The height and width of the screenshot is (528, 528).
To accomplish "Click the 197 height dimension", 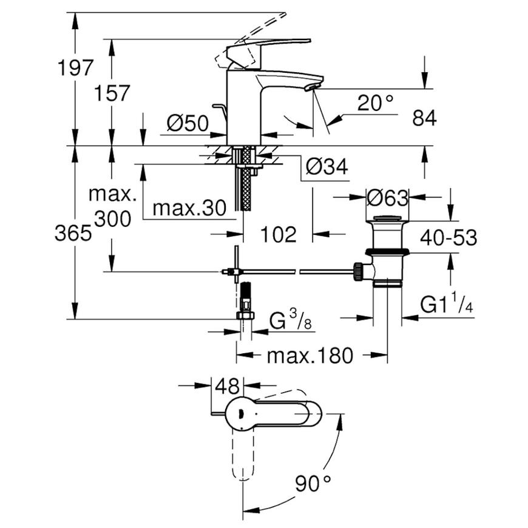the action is click(75, 68).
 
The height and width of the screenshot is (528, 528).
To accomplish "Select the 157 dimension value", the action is click(112, 93).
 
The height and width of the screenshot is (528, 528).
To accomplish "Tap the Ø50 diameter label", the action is click(188, 123).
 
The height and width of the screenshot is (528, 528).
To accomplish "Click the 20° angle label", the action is click(375, 103).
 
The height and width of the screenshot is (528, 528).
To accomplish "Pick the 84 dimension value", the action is click(424, 118).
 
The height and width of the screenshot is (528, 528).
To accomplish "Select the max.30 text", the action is click(189, 208).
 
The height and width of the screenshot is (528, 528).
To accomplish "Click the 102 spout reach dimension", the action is click(279, 234).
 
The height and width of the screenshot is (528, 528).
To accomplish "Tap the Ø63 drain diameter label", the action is click(387, 198).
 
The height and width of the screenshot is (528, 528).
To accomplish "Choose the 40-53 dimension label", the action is click(448, 237).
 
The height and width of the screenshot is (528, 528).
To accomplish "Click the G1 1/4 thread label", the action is click(447, 303).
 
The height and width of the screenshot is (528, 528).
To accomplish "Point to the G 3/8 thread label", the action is click(291, 320).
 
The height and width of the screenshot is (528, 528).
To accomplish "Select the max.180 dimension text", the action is click(310, 356).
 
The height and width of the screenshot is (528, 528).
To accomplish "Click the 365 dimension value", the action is click(73, 232).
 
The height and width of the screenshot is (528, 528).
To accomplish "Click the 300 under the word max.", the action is click(112, 219).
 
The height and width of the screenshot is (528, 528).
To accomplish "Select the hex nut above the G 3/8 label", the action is click(245, 316).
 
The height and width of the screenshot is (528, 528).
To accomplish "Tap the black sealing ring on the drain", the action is click(387, 251).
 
